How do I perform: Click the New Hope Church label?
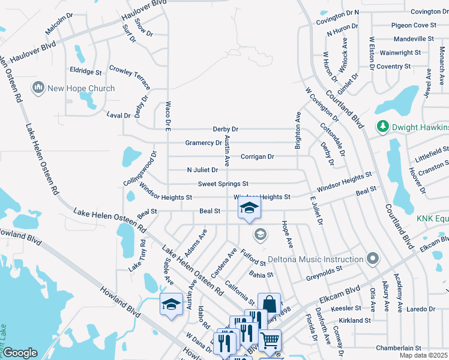click(81, 88)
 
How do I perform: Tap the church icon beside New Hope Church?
click(39, 88)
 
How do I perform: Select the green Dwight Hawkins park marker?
click(381, 127)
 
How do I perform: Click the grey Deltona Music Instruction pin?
click(373, 259)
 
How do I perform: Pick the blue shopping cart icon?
click(270, 340)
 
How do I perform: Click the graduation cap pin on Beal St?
click(249, 209)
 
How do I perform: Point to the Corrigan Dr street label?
click(257, 157)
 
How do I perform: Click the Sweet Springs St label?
click(223, 184)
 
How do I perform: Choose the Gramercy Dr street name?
click(203, 143)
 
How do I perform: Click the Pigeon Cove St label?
click(414, 25)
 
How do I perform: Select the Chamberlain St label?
click(399, 348)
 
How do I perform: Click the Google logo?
click(20, 352)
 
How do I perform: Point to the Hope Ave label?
click(288, 235)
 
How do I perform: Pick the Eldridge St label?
click(85, 71)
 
